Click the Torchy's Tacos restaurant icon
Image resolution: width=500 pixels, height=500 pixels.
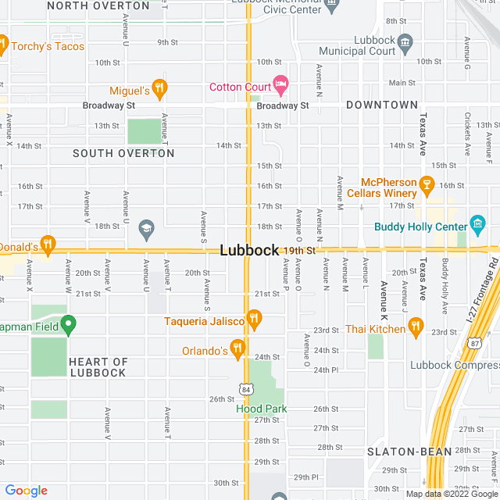(3, 45)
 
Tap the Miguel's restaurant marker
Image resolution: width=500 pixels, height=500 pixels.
(160, 87)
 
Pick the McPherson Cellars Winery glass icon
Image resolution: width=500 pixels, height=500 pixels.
(426, 184)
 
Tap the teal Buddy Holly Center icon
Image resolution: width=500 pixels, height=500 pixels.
(477, 227)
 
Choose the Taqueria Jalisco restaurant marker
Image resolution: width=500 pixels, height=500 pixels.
(253, 319)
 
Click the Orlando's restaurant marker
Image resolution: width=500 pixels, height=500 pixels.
(238, 349)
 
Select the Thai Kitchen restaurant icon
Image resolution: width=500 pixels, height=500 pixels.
(415, 328)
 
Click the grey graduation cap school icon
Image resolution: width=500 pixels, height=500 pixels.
(146, 228)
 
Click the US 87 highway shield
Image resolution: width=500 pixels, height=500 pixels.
(475, 343)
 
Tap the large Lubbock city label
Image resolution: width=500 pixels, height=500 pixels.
(249, 251)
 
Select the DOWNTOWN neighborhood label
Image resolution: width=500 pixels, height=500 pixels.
(382, 105)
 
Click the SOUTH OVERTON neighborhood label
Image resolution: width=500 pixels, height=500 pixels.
(123, 153)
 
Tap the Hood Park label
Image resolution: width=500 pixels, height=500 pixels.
(262, 409)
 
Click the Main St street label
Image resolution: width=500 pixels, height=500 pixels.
(402, 83)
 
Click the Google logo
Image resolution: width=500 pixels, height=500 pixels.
(26, 490)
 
